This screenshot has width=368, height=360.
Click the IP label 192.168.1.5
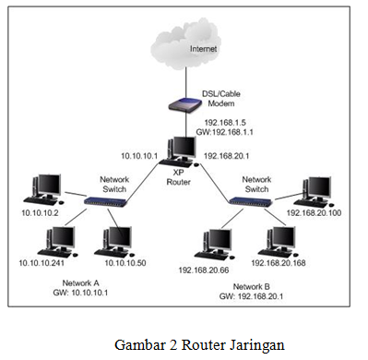(227, 122)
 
